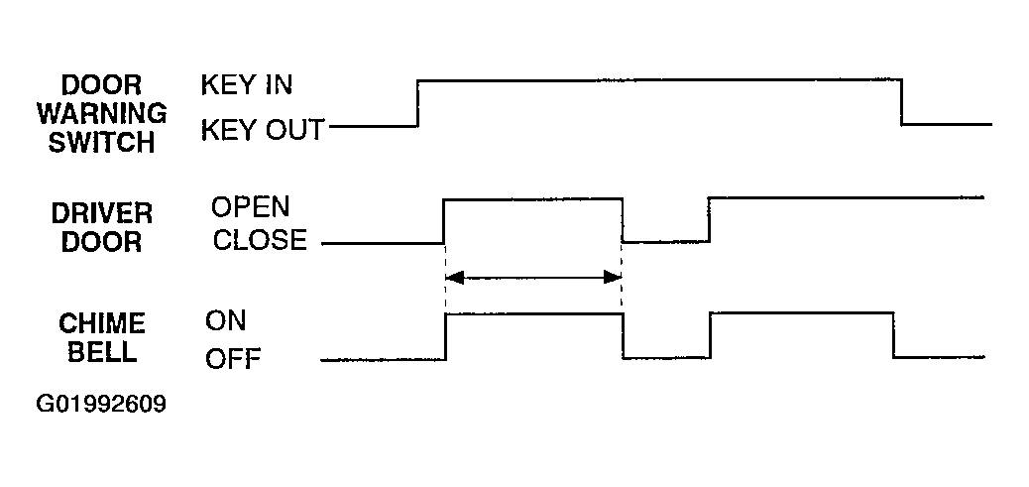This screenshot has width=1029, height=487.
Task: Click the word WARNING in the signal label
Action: (102, 113)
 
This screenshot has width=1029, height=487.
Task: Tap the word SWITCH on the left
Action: (102, 143)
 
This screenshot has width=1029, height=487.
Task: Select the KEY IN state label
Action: (247, 85)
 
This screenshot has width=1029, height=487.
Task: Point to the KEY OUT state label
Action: (263, 130)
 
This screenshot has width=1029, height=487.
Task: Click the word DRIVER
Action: (102, 213)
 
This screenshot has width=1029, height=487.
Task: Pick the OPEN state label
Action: (250, 206)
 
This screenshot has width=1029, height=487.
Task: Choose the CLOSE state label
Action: (260, 240)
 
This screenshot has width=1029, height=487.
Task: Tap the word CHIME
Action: (102, 323)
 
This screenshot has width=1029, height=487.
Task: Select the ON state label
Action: (226, 321)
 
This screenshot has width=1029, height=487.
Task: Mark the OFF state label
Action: (233, 359)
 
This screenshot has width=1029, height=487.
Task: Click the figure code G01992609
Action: (101, 404)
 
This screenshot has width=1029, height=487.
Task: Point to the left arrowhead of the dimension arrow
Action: (454, 278)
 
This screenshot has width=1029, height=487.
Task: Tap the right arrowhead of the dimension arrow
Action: (613, 278)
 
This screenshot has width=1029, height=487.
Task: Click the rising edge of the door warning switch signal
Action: (418, 102)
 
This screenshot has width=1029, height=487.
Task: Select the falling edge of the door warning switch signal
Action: (902, 102)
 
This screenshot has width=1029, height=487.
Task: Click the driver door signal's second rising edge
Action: (710, 219)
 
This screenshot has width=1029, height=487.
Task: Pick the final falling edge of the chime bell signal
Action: (893, 334)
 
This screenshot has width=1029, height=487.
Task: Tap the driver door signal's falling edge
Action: (623, 220)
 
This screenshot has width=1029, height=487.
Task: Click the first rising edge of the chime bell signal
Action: (445, 336)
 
